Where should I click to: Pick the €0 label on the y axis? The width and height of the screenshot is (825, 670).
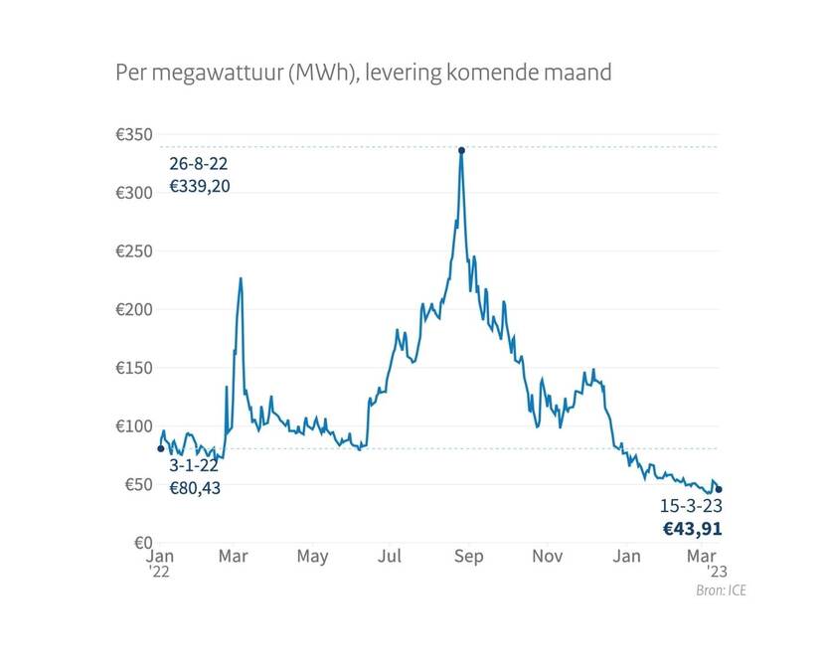(140, 544)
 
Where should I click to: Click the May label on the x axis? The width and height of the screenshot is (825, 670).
(312, 557)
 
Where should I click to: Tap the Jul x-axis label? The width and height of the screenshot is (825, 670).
(390, 557)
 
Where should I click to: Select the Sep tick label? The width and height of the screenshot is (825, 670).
(468, 557)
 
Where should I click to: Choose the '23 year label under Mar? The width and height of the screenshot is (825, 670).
(718, 573)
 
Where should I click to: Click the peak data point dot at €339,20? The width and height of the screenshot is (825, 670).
(461, 150)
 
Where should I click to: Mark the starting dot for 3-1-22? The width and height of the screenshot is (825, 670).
(161, 448)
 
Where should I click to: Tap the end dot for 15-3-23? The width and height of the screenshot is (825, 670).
(719, 489)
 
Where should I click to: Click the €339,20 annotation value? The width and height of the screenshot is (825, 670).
(199, 186)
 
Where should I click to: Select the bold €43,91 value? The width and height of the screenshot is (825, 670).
(692, 529)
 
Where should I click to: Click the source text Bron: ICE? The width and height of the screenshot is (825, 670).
(722, 590)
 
